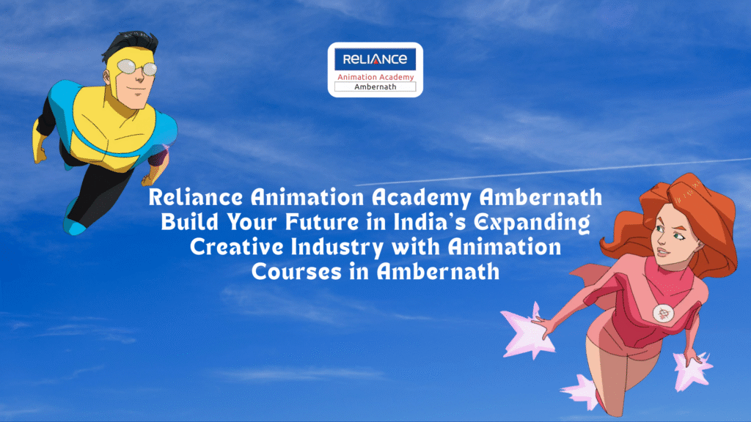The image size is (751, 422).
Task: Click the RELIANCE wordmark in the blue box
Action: [x=375, y=59]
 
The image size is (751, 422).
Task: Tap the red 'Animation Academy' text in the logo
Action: [x=375, y=77]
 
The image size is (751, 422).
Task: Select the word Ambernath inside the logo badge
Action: [x=375, y=86]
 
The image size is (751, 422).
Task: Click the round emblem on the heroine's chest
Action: [x=663, y=314]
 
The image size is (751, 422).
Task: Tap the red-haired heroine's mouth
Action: [x=662, y=252]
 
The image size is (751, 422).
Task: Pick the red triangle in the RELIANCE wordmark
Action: [x=375, y=60]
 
